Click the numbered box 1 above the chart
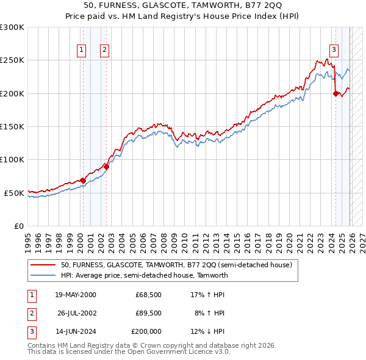click(x=81, y=50)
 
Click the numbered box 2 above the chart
click(x=104, y=50)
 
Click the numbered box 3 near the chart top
click(x=334, y=50)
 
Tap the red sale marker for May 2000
click(x=83, y=180)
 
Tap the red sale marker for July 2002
click(x=106, y=166)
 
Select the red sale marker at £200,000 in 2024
click(x=335, y=93)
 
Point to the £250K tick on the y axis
click(x=12, y=60)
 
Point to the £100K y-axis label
click(x=12, y=159)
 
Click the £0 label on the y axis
click(x=18, y=226)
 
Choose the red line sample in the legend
click(x=43, y=265)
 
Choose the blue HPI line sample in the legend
click(x=43, y=275)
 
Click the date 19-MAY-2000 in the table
click(x=76, y=295)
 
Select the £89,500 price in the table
click(x=148, y=313)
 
